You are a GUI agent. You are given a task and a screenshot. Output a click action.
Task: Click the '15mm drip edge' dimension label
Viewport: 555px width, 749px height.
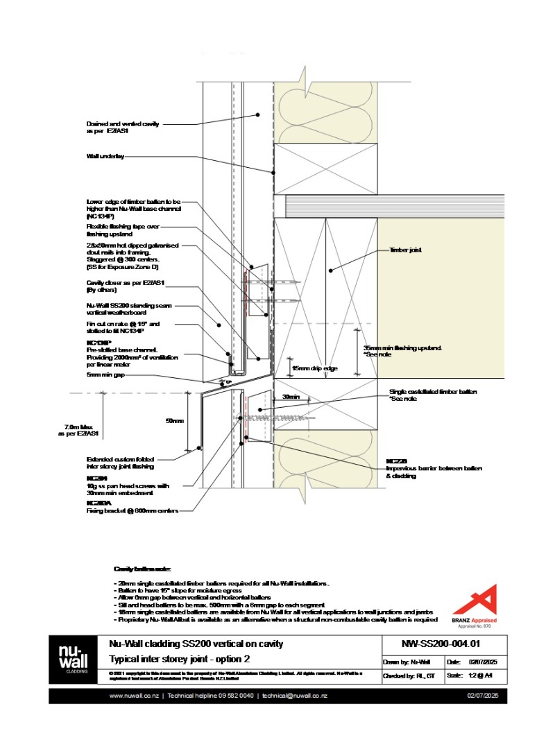click(314, 368)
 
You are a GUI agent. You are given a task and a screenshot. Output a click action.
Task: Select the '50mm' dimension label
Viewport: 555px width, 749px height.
click(175, 421)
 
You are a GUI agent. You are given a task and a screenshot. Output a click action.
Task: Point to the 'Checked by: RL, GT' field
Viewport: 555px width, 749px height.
click(411, 675)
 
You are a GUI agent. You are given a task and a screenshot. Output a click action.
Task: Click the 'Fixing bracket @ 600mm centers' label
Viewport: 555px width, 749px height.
click(132, 511)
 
